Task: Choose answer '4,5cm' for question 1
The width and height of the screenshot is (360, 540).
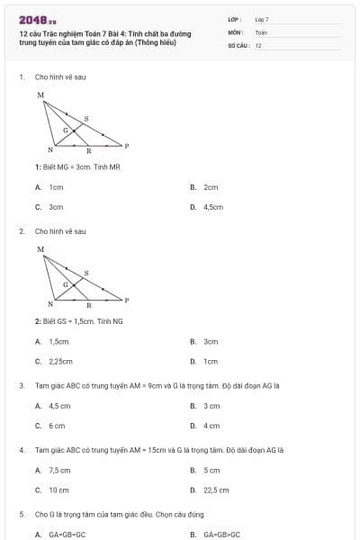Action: click(x=212, y=206)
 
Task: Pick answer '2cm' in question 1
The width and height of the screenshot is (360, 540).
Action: click(x=211, y=187)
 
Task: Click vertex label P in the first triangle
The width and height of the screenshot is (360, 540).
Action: click(x=126, y=145)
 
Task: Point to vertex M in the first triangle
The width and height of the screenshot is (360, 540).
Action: click(x=40, y=94)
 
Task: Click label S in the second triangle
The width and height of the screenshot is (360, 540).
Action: click(x=86, y=272)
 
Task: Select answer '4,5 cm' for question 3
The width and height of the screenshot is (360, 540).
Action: click(x=58, y=406)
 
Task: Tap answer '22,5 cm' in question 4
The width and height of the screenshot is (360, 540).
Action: click(x=216, y=490)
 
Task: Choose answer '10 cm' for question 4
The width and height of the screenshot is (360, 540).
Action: click(x=58, y=490)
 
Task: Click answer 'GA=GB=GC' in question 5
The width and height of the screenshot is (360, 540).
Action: click(x=67, y=535)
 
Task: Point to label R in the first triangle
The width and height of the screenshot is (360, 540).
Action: click(x=87, y=151)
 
